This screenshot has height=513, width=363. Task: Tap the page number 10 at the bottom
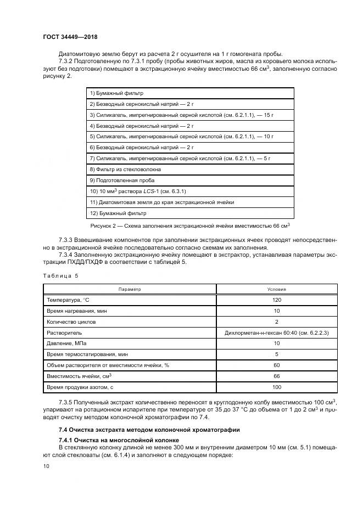[x=46, y=465]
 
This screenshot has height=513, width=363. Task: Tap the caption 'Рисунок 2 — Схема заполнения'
[x=190, y=226]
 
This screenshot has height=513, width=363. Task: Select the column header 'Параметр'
[x=130, y=289]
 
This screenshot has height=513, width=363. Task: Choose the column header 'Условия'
[x=276, y=289]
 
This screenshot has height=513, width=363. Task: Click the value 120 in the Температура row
[x=276, y=300]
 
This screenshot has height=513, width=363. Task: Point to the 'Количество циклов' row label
[x=72, y=322]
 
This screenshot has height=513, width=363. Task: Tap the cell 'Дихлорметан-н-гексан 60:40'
[x=276, y=333]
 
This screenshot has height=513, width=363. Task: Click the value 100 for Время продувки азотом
[x=276, y=388]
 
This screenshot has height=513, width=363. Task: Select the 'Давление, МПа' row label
[x=66, y=344]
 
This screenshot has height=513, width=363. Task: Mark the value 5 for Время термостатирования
[x=276, y=355]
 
